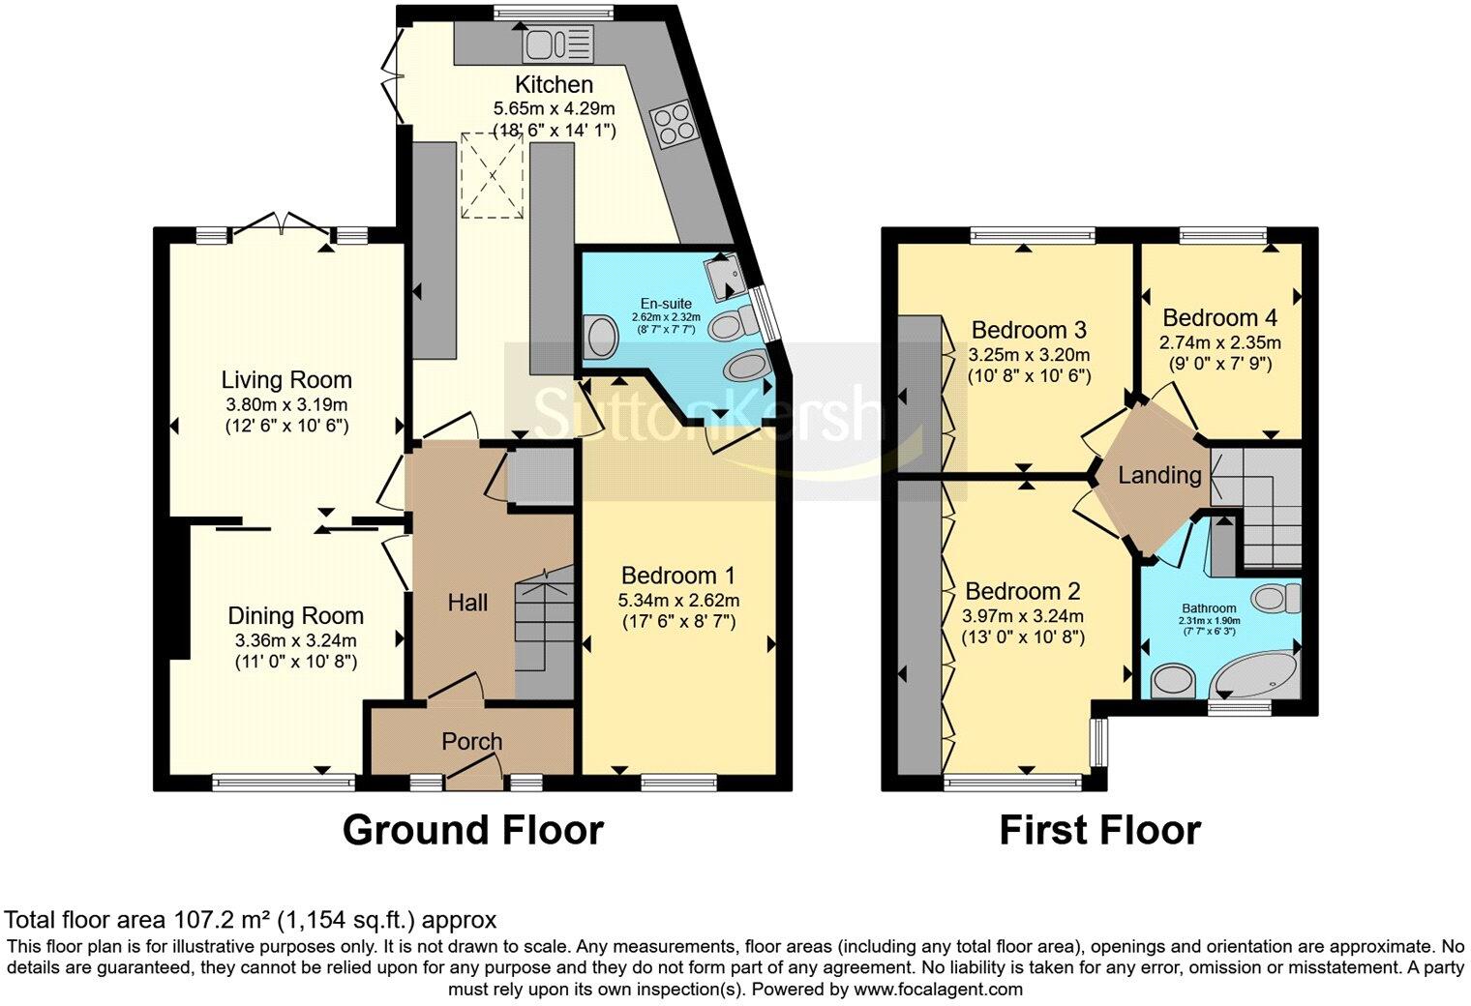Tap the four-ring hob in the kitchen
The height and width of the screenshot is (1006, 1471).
tap(672, 125)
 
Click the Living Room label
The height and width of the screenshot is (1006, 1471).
tap(286, 380)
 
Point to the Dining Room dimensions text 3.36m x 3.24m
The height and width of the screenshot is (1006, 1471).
tap(296, 640)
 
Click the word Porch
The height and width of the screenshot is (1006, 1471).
tap(472, 742)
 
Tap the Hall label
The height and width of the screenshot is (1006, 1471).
tap(467, 604)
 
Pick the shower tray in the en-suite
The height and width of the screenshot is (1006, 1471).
tap(725, 276)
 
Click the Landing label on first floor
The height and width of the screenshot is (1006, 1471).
tap(1159, 475)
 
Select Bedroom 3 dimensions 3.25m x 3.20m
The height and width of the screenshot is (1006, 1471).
tap(1030, 355)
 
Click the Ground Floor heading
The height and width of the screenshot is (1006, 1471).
tap(472, 830)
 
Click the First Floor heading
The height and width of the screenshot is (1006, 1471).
tap(1099, 830)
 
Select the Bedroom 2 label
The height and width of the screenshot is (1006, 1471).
tap(1023, 591)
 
